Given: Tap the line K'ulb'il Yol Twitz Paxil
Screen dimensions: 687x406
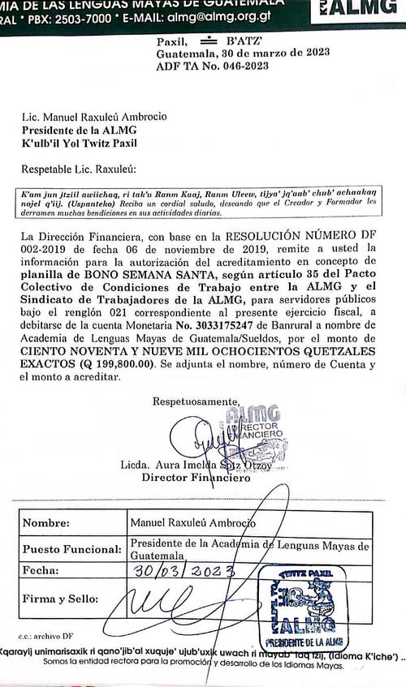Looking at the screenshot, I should pos(90,144).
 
